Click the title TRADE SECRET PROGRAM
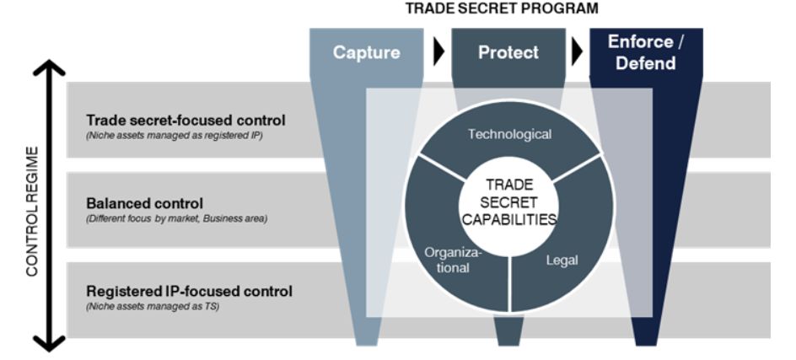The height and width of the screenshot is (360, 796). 501,9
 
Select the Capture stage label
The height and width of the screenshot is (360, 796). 365,52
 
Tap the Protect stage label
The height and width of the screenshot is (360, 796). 508,52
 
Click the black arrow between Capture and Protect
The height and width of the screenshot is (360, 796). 438,52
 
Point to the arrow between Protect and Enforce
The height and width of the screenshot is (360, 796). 578,52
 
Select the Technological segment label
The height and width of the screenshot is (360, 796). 509,134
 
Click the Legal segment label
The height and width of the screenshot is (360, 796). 562,261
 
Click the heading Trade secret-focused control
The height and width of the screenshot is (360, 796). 186,120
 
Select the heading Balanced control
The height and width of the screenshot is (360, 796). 145,203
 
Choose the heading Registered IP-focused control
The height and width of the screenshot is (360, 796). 189,291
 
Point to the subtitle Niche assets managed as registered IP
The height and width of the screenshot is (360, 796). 175,135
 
